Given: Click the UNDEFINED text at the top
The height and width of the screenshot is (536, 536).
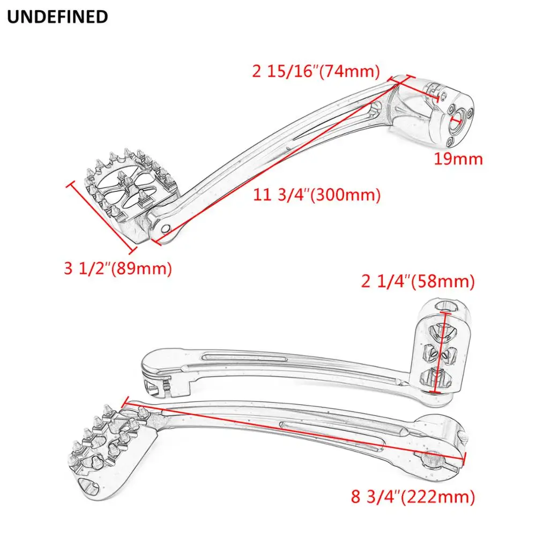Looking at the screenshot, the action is [57, 17].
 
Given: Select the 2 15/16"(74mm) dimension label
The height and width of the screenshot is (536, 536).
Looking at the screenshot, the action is [316, 71].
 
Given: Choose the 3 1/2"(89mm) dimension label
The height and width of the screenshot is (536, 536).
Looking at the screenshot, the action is [118, 268].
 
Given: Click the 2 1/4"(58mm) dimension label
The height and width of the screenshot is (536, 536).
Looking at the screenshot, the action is [418, 281].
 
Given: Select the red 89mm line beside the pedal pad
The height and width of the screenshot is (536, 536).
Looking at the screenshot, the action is [100, 217].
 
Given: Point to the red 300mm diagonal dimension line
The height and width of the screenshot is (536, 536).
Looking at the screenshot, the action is [279, 160].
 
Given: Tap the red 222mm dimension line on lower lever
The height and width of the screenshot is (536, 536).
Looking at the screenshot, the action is [295, 429].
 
